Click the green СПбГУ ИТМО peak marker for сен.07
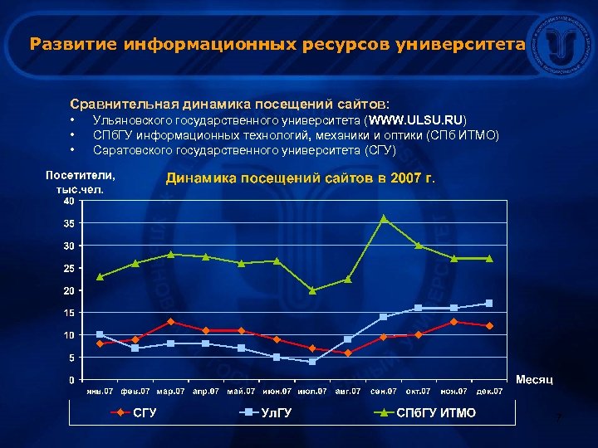384,218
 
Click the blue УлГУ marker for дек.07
489,303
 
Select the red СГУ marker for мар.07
170,322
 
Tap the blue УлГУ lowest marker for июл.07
312,362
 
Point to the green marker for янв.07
100,276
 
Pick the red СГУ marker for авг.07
348,353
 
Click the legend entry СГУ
143,412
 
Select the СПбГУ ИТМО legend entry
436,412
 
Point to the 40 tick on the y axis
69,201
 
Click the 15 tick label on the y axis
69,313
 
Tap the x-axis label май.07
241,390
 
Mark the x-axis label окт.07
419,390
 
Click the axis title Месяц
535,379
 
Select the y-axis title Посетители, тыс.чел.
81,182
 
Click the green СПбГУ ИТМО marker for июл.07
312,290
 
